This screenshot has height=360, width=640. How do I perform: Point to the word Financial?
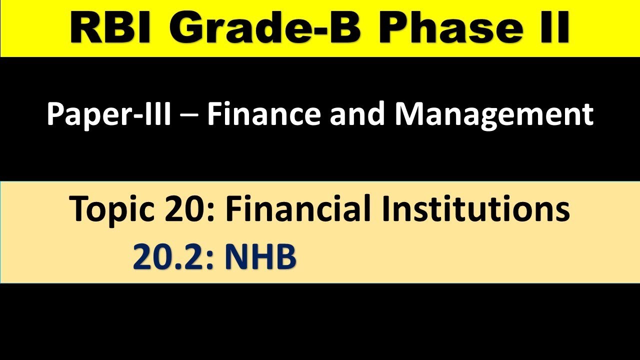pyautogui.click(x=297, y=209)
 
